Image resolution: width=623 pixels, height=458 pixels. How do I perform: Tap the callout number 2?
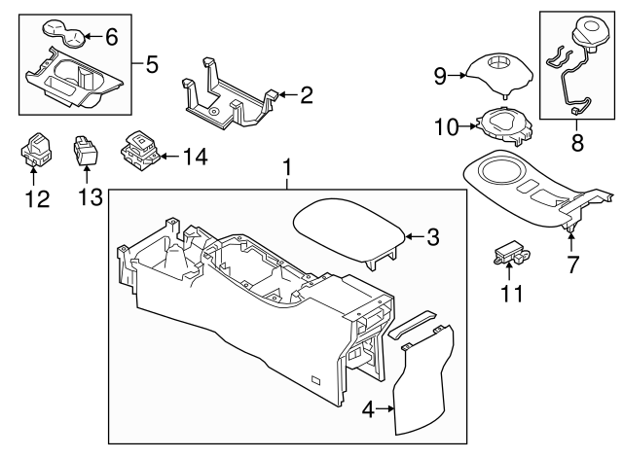[306, 95]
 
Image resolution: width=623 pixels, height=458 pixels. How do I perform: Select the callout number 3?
[434, 235]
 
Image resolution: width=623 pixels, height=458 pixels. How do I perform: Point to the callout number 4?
[368, 411]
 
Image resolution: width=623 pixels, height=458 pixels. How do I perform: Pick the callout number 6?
[110, 38]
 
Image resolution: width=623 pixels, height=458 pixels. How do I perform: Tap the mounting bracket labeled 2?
[229, 97]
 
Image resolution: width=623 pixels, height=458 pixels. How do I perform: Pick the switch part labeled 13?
[86, 150]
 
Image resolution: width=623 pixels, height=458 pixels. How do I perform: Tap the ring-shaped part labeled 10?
[500, 124]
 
